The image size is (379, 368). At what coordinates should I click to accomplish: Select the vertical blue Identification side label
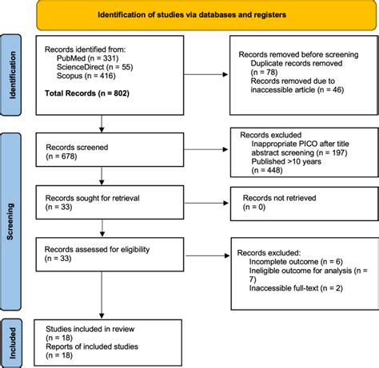coord(11,76)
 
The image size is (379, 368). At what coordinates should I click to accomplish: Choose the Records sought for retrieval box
coord(102,202)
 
